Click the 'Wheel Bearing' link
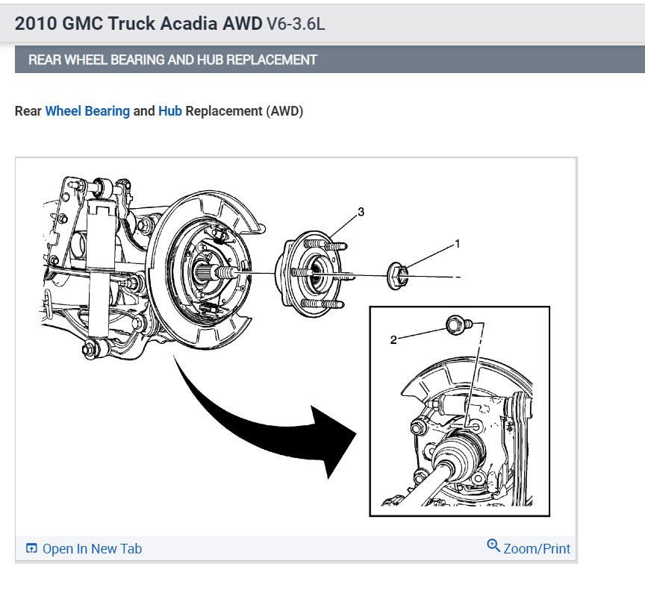pos(87,111)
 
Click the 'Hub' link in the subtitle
pos(170,111)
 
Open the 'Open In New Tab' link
pos(91,549)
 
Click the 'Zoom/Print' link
pos(536,549)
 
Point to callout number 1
pos(458,244)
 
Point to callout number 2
pos(393,340)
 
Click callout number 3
pos(361,213)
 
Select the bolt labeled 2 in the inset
pos(455,325)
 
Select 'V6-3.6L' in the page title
pos(296,23)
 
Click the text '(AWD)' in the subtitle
pos(284,111)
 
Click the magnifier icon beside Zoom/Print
pos(493,546)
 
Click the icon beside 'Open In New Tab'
pos(31,549)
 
